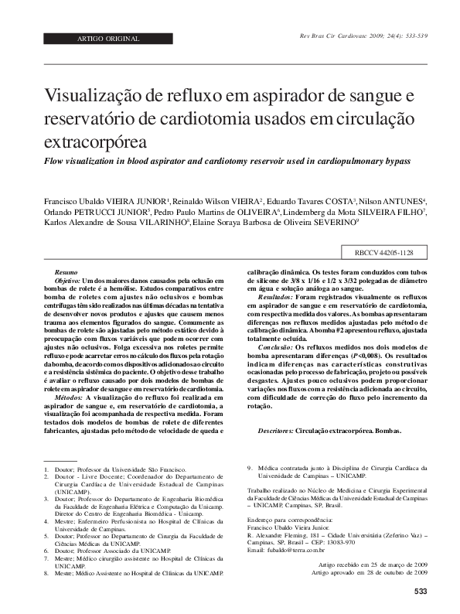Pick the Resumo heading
pyautogui.click(x=66, y=273)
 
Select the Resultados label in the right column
pyautogui.click(x=274, y=295)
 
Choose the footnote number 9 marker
pyautogui.click(x=248, y=467)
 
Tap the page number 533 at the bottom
pyautogui.click(x=421, y=592)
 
